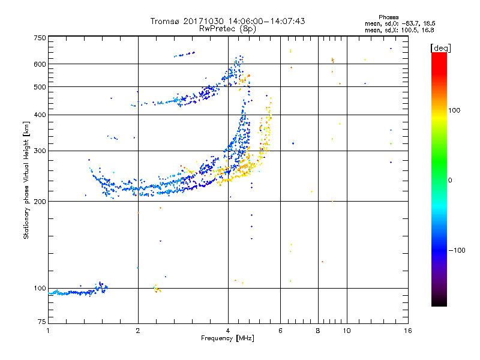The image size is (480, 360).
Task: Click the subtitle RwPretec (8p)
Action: pos(227,29)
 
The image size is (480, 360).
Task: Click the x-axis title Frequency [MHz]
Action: pos(227,338)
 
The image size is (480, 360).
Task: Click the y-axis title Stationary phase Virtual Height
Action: pos(26,181)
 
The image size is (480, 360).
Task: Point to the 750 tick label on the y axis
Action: pos(40,38)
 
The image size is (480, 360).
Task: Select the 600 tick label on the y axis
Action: pos(40,64)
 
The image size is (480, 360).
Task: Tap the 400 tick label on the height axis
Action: pos(40,115)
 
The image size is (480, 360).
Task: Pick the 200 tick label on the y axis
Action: pos(40,202)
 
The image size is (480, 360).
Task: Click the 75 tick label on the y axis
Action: pos(42,322)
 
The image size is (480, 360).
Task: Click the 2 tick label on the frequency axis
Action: pos(138,331)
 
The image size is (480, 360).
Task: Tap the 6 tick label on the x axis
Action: pos(280,331)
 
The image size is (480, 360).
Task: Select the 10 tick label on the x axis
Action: pos(347,331)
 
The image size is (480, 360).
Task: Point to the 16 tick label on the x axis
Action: pos(408,331)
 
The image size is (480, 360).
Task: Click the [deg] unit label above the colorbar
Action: pos(440,48)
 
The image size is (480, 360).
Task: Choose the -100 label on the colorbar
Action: pos(457,250)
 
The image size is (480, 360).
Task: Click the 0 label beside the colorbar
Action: pos(450,180)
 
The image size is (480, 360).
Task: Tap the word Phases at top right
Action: pos(388,17)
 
